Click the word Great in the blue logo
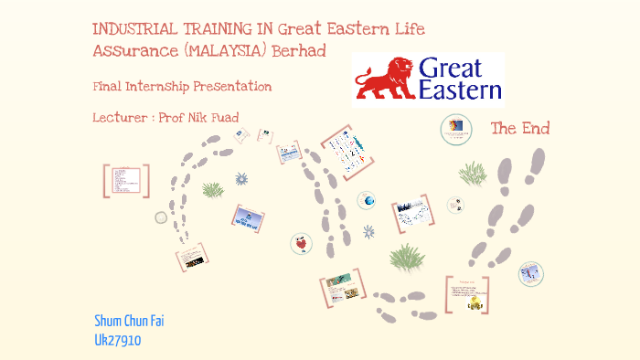[457, 69]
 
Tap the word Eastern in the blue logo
[460, 90]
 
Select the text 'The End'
[520, 129]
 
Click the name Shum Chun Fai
[129, 322]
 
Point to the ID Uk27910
[118, 340]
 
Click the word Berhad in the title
[297, 48]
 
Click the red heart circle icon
[301, 243]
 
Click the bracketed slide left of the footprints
[125, 180]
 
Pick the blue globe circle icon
[368, 201]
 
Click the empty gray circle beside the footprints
[161, 217]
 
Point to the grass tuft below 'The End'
[473, 174]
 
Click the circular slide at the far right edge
[531, 272]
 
